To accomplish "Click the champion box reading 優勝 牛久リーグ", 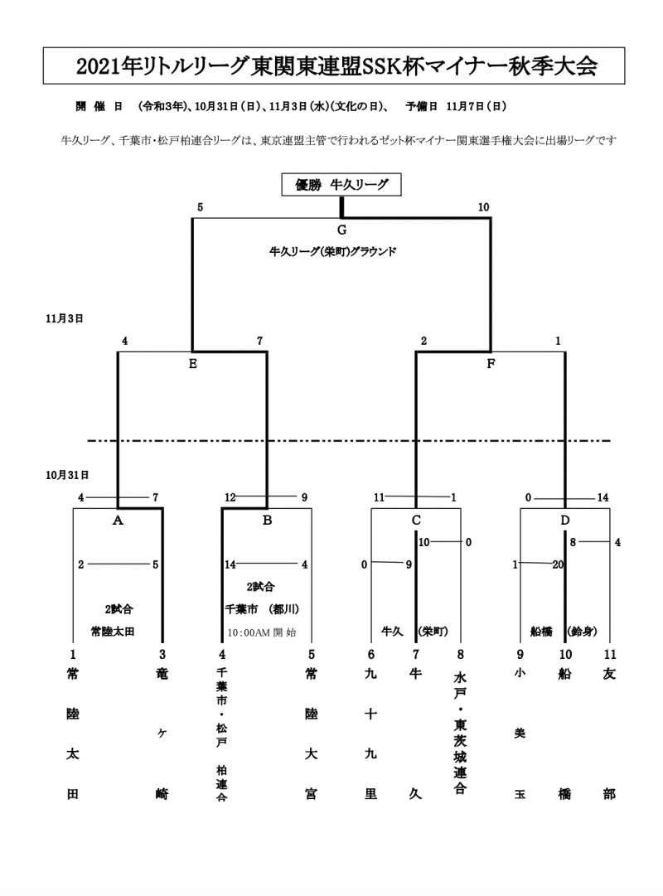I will click(341, 185).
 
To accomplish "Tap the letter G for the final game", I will click(341, 230).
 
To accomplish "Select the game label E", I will click(192, 363).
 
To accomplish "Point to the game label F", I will click(491, 363).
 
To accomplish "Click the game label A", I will click(118, 521).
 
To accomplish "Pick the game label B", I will click(267, 521).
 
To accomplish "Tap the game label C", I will click(416, 521).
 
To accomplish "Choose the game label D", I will click(565, 521).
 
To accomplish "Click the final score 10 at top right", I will click(484, 207).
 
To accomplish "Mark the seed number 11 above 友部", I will click(611, 654).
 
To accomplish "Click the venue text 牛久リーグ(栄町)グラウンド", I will click(333, 250).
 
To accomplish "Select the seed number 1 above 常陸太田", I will click(73, 654).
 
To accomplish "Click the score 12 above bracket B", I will click(230, 497).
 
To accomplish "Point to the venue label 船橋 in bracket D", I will click(542, 631).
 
